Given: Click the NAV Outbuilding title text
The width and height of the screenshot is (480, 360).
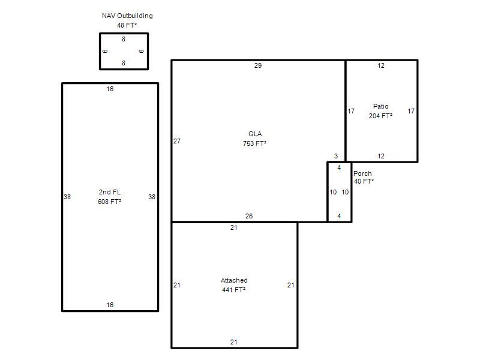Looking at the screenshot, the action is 127,16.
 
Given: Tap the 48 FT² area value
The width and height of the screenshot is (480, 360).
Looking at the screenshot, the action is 127,25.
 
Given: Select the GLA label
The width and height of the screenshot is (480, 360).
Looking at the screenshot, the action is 255,134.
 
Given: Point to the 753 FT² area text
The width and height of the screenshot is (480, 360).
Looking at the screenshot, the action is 254,143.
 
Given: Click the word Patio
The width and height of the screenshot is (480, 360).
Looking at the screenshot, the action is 381,106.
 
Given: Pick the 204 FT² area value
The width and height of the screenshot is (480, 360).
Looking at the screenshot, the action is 380,116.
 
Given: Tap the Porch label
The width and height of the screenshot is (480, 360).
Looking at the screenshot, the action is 362,173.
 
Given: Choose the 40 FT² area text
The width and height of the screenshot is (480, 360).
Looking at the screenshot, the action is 364,181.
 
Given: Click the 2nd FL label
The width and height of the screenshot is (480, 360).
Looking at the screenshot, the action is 110,192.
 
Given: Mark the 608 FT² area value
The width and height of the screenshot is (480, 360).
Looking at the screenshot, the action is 109,202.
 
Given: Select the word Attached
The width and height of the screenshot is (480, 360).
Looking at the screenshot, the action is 234,280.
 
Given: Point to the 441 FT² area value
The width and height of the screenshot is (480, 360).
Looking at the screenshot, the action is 233,290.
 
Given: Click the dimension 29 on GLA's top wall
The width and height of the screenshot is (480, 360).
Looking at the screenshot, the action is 258,65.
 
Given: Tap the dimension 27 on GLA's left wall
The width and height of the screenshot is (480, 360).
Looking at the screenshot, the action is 177,141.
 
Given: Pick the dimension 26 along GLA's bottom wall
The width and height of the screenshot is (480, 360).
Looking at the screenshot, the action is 249,216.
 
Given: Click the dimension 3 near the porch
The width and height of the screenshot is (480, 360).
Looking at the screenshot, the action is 336,156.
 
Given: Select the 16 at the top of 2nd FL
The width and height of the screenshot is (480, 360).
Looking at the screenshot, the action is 110,89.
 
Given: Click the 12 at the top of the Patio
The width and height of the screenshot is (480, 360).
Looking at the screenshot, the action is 381,65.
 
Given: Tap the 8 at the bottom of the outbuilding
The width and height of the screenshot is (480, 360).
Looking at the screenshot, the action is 124,63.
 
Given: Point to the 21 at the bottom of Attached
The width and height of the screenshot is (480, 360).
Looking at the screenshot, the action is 233,342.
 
